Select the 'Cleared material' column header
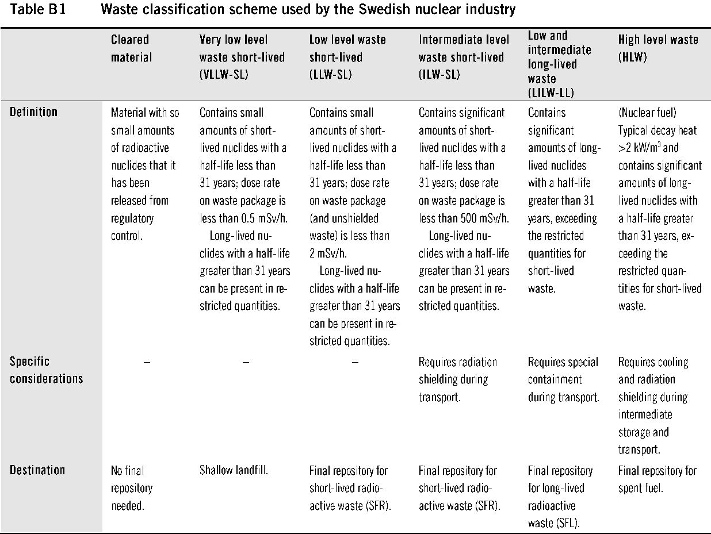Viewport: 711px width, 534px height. pos(131,48)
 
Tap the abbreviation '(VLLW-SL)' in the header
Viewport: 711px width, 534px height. pos(224,75)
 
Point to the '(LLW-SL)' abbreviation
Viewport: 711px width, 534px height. pos(330,75)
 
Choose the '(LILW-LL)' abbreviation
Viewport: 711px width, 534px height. pos(551,93)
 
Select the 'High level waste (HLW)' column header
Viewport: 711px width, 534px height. pos(658,48)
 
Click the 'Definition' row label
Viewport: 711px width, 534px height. pos(33,112)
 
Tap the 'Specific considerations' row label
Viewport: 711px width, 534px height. pos(46,370)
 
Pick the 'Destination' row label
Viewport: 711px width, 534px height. pos(37,470)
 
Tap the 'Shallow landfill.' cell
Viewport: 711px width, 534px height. pos(234,470)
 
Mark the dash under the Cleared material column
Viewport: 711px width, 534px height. pos(147,362)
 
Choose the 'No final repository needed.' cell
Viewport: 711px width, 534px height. pos(132,488)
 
